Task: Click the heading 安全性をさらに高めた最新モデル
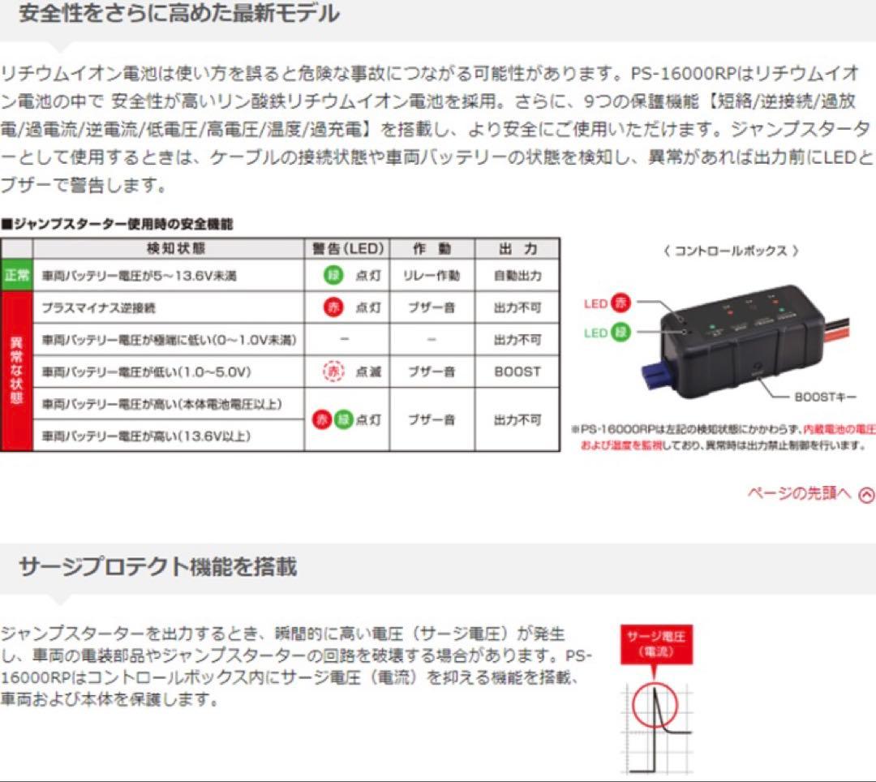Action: click(x=178, y=15)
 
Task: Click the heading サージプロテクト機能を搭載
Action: click(x=157, y=565)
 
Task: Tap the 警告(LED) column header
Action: click(x=347, y=248)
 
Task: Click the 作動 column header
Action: click(x=432, y=248)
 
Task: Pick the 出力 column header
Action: click(x=517, y=248)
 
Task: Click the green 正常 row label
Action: click(x=16, y=276)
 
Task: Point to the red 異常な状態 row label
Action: click(x=16, y=372)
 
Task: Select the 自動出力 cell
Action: click(x=517, y=276)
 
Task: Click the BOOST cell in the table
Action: click(x=517, y=372)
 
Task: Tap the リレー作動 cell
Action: click(x=432, y=276)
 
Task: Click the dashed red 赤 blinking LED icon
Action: click(x=333, y=372)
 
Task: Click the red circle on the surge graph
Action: click(x=655, y=703)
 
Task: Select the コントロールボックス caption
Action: click(x=730, y=251)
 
